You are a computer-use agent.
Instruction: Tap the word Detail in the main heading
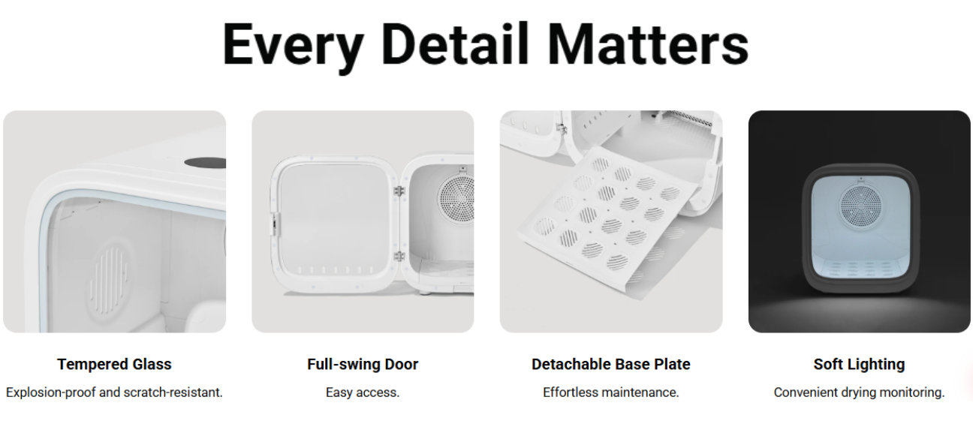[455, 44]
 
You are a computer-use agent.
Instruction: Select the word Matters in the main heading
[648, 44]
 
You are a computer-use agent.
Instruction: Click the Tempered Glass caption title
[114, 364]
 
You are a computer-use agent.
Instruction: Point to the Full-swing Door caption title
[363, 364]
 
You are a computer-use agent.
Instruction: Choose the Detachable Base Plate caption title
[610, 364]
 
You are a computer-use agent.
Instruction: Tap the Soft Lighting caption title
[859, 364]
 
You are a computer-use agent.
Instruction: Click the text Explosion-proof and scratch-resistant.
[114, 392]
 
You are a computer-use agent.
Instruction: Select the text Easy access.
[363, 392]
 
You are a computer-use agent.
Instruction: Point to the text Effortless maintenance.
[610, 392]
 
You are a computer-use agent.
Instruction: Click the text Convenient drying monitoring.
[859, 392]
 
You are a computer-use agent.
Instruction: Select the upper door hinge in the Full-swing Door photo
[399, 191]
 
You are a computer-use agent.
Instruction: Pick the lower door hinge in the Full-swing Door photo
[399, 256]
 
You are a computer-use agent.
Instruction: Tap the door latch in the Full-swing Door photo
[276, 224]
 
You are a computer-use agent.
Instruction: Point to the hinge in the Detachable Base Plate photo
[562, 128]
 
